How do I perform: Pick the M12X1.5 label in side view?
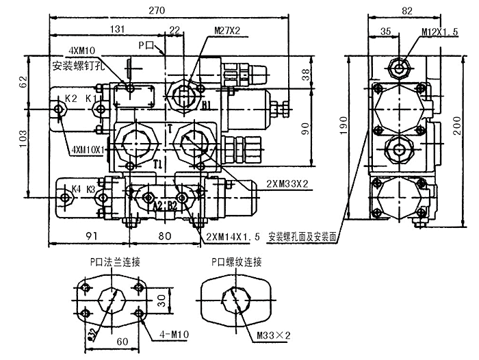pyautogui.click(x=439, y=32)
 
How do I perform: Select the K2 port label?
pyautogui.click(x=70, y=99)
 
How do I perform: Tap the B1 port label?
pyautogui.click(x=205, y=105)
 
